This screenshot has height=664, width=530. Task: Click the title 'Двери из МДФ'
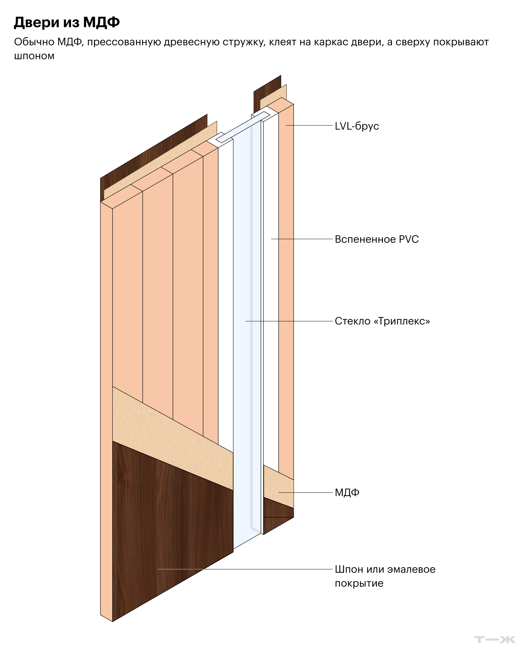67,22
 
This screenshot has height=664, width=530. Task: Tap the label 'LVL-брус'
357,126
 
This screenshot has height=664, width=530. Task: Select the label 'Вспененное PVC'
377,239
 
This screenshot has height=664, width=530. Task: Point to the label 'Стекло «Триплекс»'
382,321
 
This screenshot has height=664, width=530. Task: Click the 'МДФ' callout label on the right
347,493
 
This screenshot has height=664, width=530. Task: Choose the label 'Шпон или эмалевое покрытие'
385,576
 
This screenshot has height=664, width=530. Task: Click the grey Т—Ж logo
495,640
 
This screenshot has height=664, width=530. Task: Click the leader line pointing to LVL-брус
309,125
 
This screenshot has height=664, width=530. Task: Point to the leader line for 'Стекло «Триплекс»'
289,321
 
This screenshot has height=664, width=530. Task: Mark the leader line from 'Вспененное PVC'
302,239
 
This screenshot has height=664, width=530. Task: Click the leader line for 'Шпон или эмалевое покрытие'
245,569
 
